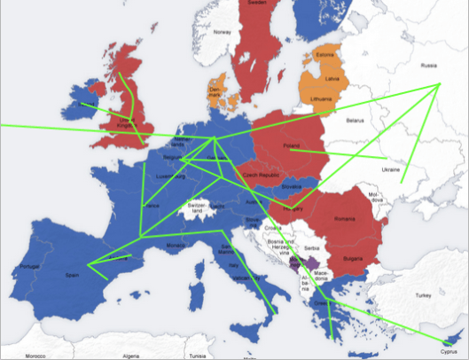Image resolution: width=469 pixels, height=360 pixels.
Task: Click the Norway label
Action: coord(222,32)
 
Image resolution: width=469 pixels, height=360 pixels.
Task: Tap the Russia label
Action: coord(429,65)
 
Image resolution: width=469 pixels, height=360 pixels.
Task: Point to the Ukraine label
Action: coord(390,168)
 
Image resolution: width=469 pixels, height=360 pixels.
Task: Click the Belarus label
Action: coord(356,120)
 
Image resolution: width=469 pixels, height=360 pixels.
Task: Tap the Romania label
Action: coord(345,218)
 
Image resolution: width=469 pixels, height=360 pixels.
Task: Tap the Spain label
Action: coord(71,276)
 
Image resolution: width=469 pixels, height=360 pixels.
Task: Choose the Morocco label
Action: coord(35,355)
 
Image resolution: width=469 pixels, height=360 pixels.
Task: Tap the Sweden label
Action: coord(258,4)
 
